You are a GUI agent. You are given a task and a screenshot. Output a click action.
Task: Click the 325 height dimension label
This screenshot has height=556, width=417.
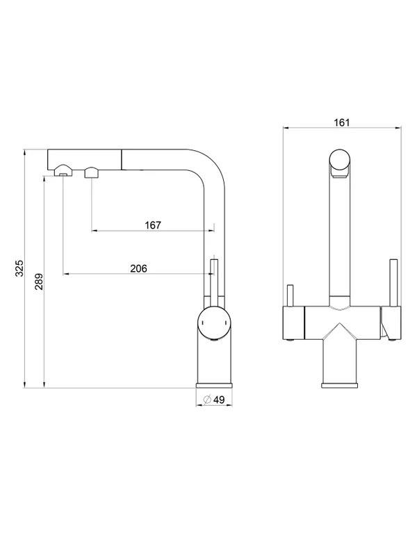[x=20, y=268]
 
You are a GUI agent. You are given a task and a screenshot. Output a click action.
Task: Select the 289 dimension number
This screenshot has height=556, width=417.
[x=39, y=281]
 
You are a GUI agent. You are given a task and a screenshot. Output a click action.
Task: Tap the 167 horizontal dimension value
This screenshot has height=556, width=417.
[x=153, y=225]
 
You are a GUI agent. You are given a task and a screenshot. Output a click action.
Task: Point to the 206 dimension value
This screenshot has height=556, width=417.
[x=138, y=268]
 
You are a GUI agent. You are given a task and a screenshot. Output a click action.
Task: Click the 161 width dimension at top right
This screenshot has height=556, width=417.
[x=341, y=122]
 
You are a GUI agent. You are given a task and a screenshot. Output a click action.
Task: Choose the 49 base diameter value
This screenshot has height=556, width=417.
[x=219, y=400]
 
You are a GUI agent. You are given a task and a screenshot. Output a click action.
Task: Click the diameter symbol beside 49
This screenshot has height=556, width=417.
[x=207, y=400]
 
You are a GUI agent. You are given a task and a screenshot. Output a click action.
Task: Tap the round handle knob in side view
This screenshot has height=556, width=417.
[x=214, y=323]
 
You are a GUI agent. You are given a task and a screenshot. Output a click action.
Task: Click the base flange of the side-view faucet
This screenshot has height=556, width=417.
[x=214, y=386]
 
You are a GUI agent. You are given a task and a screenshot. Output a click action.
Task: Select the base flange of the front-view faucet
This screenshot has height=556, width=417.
[x=340, y=386]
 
